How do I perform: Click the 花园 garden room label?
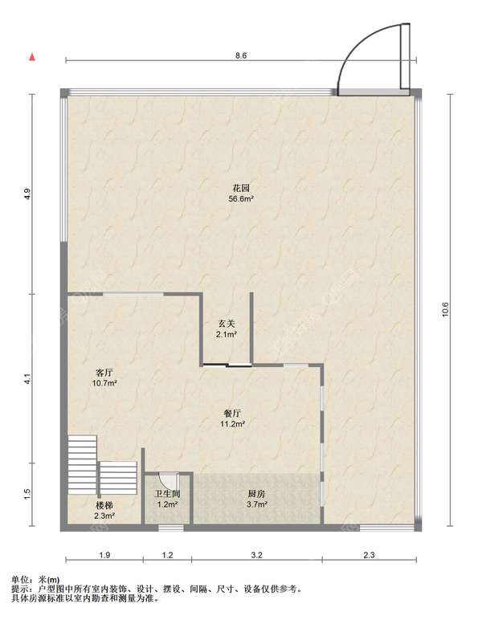coord(241,188)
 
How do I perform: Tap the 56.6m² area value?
coord(241,199)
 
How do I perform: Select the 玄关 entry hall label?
coord(227,324)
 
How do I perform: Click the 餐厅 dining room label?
coord(232,414)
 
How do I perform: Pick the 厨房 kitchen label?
coord(256,494)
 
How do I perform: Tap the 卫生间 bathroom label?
coord(167,494)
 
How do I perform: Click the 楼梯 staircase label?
coord(104,505)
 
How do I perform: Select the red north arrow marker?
coord(32,57)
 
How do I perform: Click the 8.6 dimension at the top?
coord(241,55)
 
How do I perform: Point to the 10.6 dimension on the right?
coord(446,310)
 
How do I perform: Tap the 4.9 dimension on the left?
coord(27,194)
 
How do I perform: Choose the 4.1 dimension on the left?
coord(27,379)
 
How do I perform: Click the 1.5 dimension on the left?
coord(27,494)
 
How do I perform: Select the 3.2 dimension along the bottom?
coord(256,555)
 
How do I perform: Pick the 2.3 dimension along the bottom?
coord(369,555)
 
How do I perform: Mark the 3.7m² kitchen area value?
coord(256,504)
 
